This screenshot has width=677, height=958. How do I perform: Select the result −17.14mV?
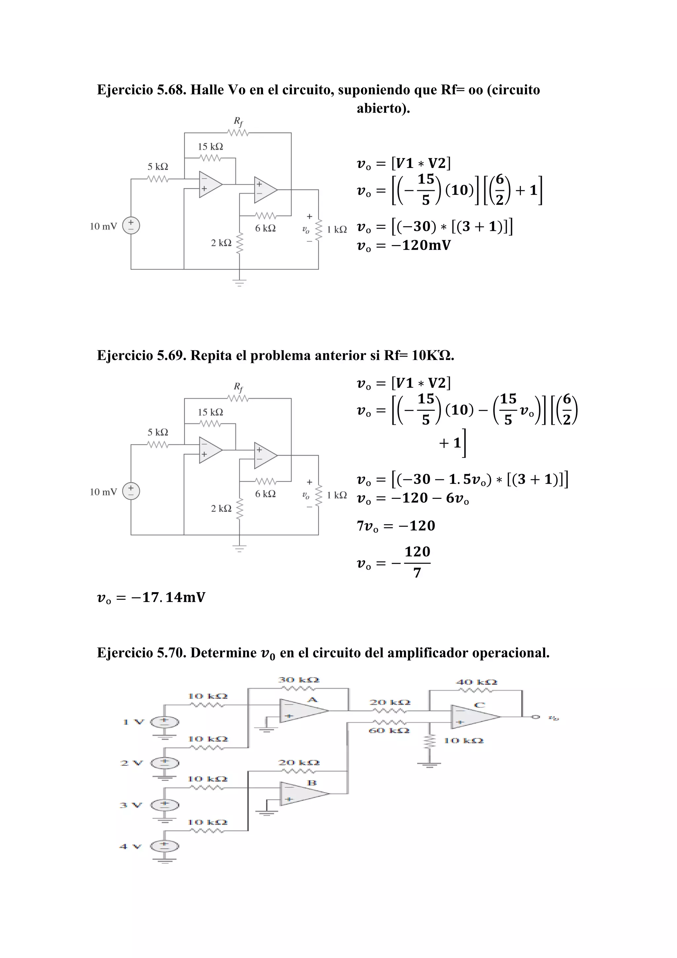tap(168, 597)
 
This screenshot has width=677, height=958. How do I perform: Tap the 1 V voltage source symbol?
tap(165, 722)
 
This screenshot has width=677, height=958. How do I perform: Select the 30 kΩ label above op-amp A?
tap(299, 680)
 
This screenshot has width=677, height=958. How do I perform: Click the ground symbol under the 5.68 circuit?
tap(239, 283)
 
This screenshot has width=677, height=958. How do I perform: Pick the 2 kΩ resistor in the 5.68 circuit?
tap(239, 243)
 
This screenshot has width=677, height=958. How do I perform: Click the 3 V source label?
tap(131, 805)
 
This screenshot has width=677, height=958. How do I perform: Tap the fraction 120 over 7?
tap(417, 562)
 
